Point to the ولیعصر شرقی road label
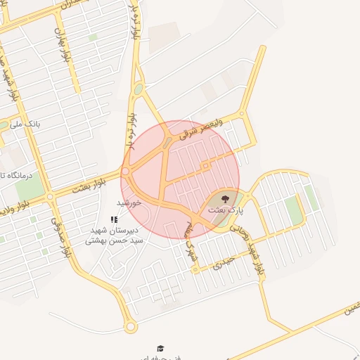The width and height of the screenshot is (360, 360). [x=201, y=129]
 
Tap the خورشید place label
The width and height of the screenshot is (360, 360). [x=129, y=202]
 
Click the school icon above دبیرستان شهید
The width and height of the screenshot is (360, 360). [x=114, y=220]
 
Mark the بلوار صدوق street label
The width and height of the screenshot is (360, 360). [x=60, y=236]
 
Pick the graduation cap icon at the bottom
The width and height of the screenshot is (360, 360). [x=160, y=349]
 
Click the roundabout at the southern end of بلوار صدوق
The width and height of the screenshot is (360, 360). [x=129, y=327]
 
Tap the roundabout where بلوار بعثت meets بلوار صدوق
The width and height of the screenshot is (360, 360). [x=50, y=197]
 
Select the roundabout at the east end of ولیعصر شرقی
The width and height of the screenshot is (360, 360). [x=242, y=113]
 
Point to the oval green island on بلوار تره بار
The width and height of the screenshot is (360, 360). [x=138, y=89]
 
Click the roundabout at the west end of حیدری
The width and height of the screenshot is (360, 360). [x=195, y=268]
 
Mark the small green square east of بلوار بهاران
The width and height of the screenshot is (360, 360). [x=93, y=37]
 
